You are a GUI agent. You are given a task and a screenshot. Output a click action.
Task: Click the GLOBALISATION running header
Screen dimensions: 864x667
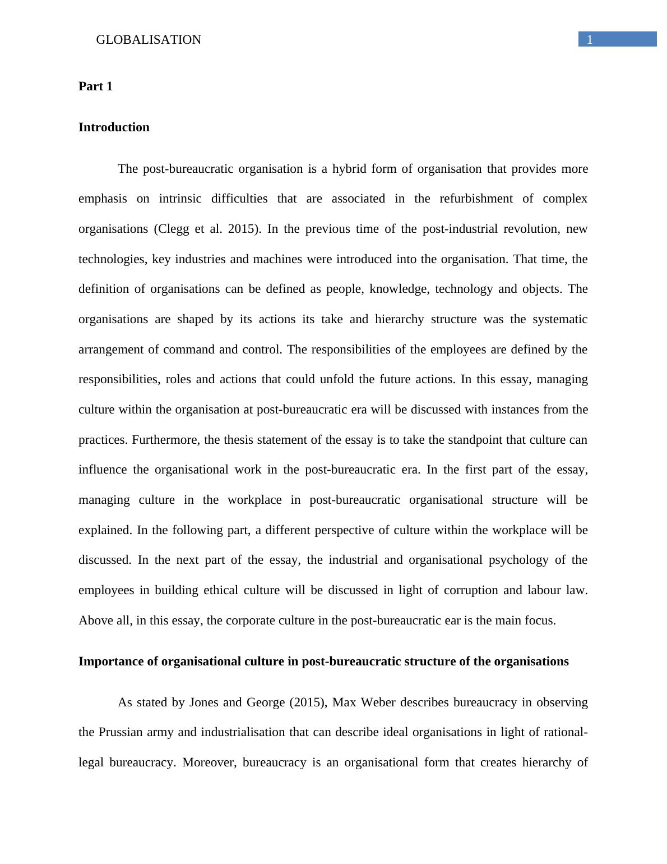tap(149, 40)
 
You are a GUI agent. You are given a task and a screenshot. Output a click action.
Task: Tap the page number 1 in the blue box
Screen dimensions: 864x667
tap(590, 39)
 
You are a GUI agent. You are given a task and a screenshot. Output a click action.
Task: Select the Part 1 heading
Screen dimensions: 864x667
tap(95, 86)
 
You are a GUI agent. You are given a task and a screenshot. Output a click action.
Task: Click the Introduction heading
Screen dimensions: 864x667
tap(114, 127)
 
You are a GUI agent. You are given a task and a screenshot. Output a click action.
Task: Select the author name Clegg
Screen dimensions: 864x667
tap(173, 229)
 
